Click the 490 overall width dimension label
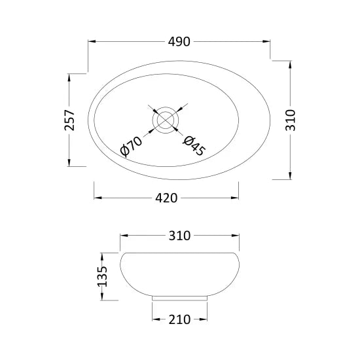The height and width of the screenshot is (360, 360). click(x=179, y=42)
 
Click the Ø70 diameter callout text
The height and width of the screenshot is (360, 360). click(x=132, y=145)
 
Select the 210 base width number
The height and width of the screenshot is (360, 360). click(x=179, y=319)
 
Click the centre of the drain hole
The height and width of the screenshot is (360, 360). click(x=166, y=120)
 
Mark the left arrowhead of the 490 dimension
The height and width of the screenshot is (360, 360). click(x=91, y=42)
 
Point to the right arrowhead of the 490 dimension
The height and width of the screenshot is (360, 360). click(x=268, y=42)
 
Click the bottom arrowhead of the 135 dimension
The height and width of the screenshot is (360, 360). click(x=102, y=298)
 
